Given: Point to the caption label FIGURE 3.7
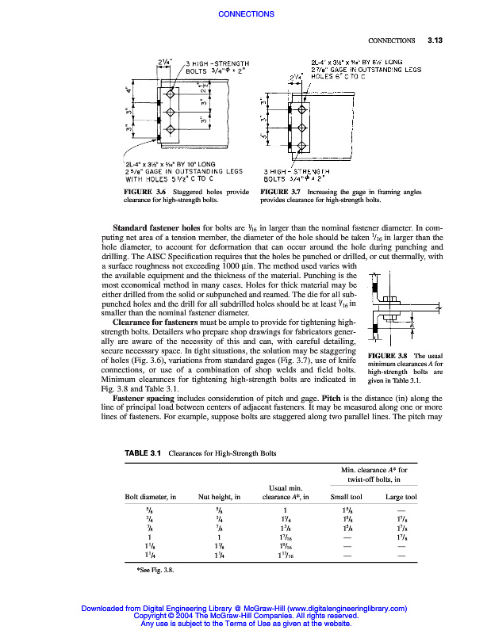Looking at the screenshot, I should pos(281,193).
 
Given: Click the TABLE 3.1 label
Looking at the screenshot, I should pos(144,453).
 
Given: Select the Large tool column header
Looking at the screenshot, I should pos(401,497).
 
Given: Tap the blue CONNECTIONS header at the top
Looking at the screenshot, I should pos(245,14).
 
